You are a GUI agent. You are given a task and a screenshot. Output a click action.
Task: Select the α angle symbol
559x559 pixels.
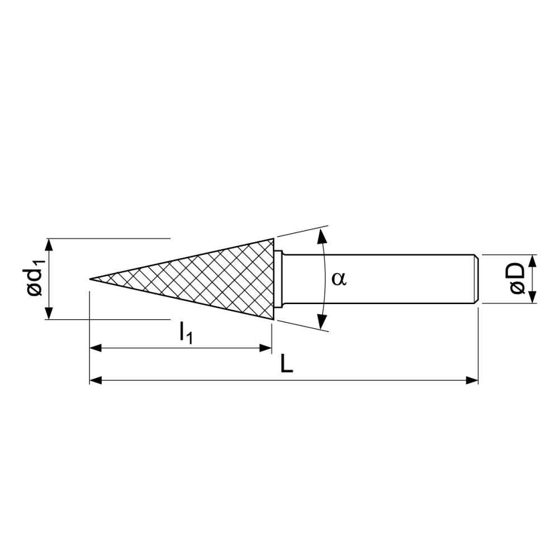339,278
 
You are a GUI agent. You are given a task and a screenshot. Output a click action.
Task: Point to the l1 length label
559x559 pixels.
186,334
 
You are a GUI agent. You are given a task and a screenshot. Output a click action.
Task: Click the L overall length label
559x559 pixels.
286,366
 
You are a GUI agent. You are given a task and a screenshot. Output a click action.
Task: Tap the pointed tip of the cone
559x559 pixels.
92,278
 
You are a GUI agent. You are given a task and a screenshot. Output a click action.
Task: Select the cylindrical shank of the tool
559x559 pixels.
380,279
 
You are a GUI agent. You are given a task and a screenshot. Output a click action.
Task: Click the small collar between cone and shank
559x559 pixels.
278,279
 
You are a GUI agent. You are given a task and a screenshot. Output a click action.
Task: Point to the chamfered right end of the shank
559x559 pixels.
476,279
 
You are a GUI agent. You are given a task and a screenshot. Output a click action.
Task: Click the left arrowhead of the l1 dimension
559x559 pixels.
95,348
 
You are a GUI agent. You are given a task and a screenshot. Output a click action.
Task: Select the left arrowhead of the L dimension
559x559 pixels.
95,381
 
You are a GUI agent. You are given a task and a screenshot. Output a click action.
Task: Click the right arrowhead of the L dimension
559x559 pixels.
473,381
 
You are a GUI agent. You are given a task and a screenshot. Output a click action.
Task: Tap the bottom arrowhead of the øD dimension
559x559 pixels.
532,298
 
